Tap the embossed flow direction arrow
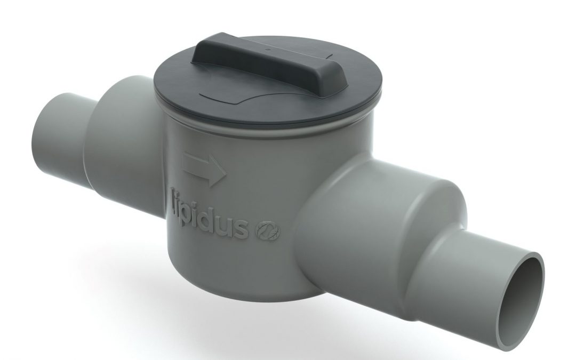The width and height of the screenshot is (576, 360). (x=204, y=170)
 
